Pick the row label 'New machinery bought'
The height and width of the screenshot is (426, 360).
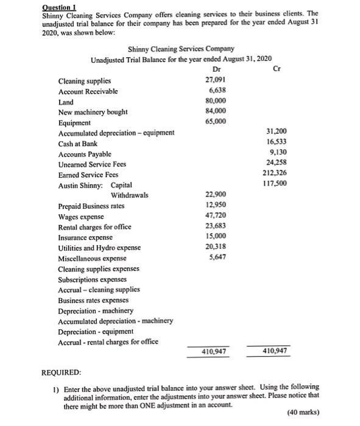pos(93,112)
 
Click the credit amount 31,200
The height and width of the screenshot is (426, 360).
pos(278,132)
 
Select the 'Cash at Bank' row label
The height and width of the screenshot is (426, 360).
pos(77,143)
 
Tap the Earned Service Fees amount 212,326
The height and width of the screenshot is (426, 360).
pos(276,173)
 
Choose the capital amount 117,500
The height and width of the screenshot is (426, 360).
pos(276,184)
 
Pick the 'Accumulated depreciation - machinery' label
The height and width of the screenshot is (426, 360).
pos(115,321)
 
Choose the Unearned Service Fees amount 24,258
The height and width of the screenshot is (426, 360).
pos(278,163)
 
